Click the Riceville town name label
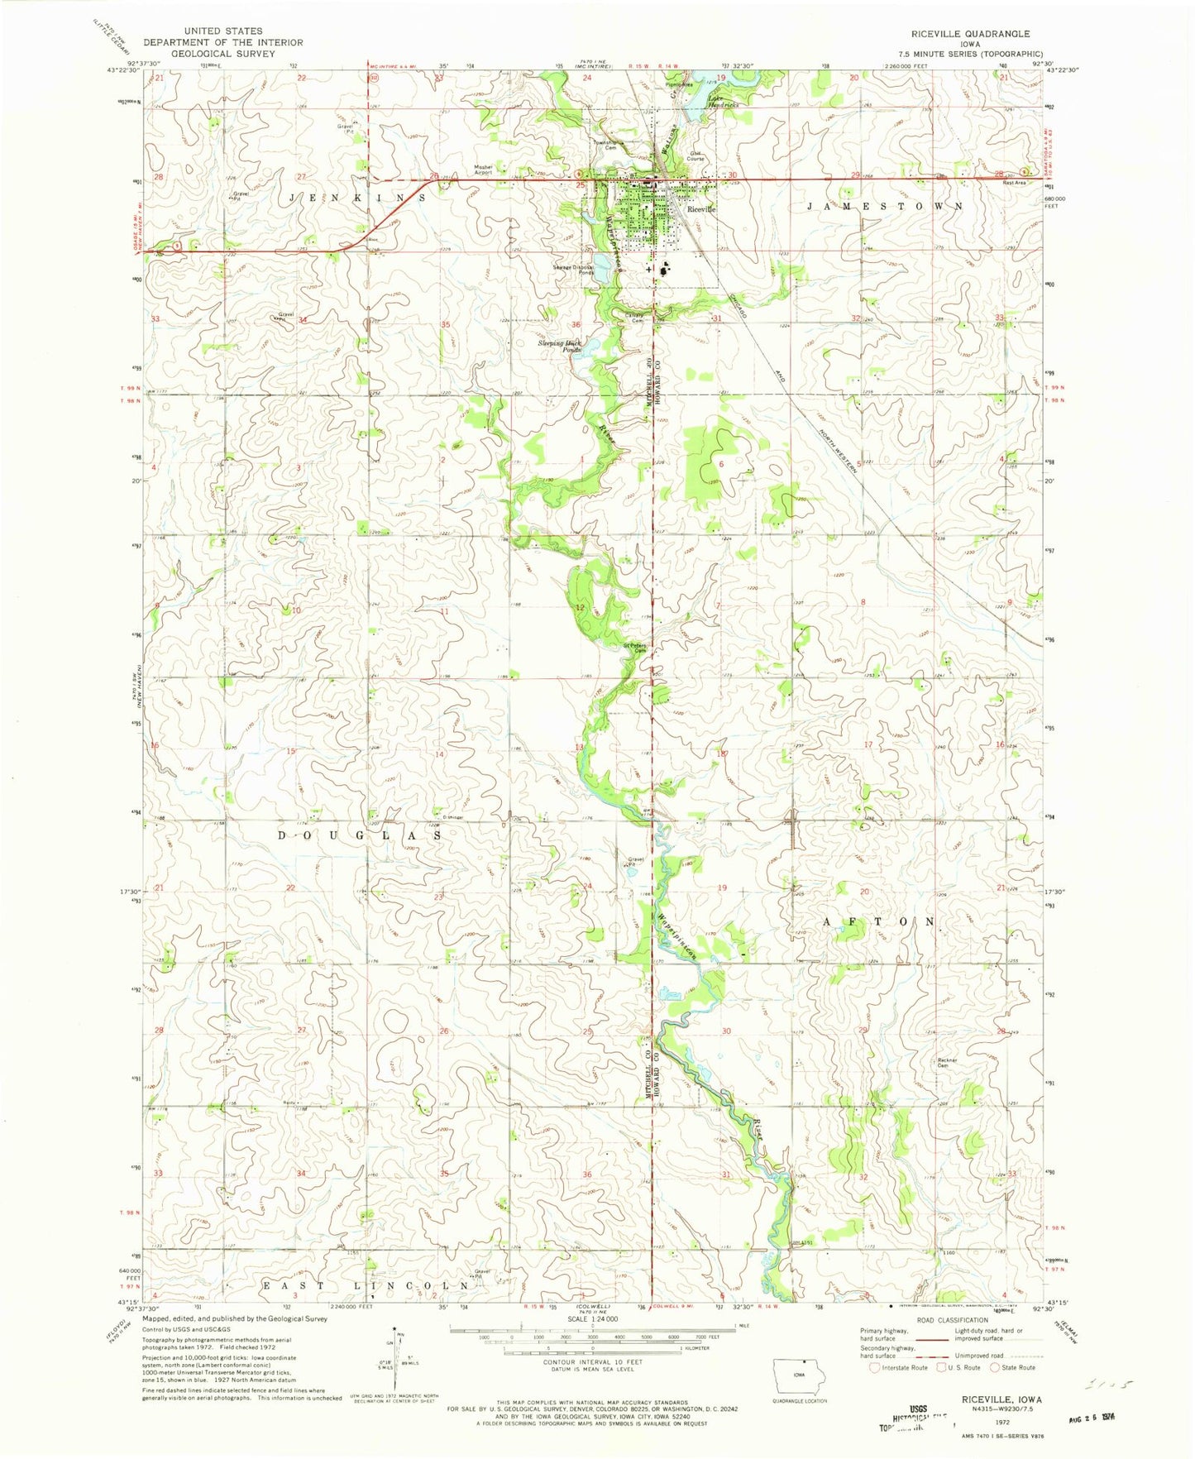(699, 209)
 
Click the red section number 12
(580, 608)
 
